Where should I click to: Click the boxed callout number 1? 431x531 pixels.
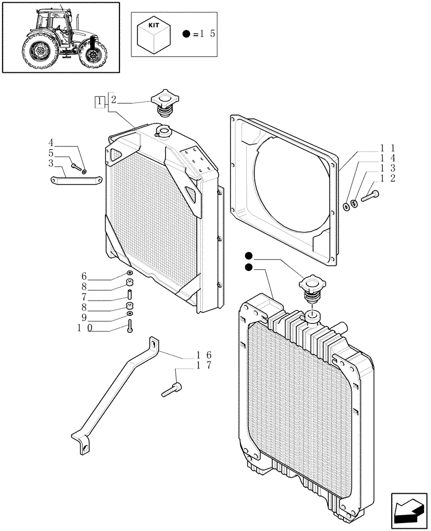click(100, 101)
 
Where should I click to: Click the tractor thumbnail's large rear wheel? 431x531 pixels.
click(39, 52)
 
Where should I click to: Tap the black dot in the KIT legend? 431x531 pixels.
click(186, 34)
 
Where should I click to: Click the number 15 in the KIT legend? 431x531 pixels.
click(205, 34)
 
